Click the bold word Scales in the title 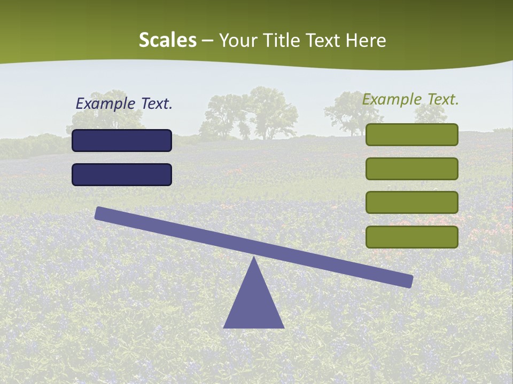point(168,41)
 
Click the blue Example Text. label point(124,104)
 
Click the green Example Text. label point(410,99)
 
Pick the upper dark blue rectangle point(122,140)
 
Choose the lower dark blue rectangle point(122,174)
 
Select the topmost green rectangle point(411,134)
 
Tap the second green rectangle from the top point(411,169)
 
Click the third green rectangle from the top point(411,202)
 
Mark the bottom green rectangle point(411,237)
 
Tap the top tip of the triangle point(254,259)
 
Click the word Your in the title point(237,41)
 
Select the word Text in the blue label point(157,104)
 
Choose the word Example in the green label point(391,99)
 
